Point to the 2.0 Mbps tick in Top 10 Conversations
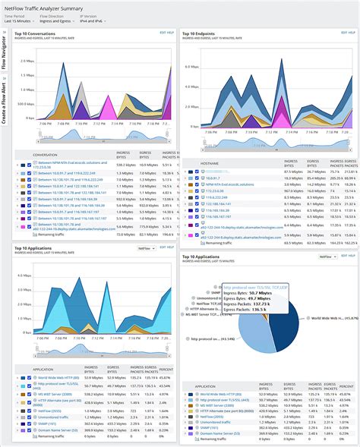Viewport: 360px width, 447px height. tap(24, 61)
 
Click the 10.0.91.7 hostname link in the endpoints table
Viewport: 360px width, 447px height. tap(212, 178)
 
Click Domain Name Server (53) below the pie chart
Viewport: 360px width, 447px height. tap(227, 436)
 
